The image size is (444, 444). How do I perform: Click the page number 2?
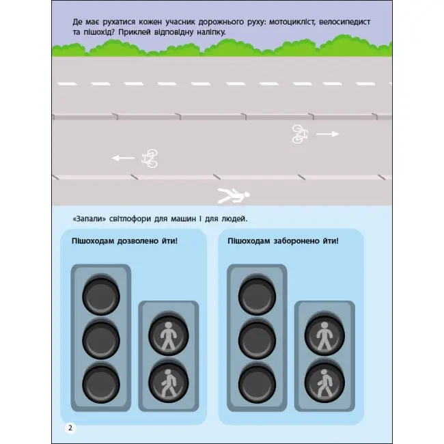(70, 428)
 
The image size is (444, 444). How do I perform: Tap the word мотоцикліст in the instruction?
(292, 22)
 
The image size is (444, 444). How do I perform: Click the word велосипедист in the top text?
(344, 22)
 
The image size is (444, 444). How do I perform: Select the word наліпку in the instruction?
(211, 32)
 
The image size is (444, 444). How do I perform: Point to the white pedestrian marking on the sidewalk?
(234, 195)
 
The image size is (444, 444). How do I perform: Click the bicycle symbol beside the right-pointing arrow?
(300, 134)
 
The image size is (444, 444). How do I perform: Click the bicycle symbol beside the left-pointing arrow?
(150, 158)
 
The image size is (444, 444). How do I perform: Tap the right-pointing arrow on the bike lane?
(328, 134)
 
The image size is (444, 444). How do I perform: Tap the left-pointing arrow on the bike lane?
(124, 158)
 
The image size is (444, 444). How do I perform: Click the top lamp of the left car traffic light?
(101, 295)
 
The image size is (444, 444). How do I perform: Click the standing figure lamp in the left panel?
(169, 335)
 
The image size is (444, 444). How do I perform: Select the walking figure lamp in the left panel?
(169, 383)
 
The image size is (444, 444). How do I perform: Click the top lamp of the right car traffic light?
(257, 295)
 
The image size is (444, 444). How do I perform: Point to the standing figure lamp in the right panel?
(324, 335)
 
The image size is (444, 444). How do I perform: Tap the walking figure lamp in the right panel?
(324, 383)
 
